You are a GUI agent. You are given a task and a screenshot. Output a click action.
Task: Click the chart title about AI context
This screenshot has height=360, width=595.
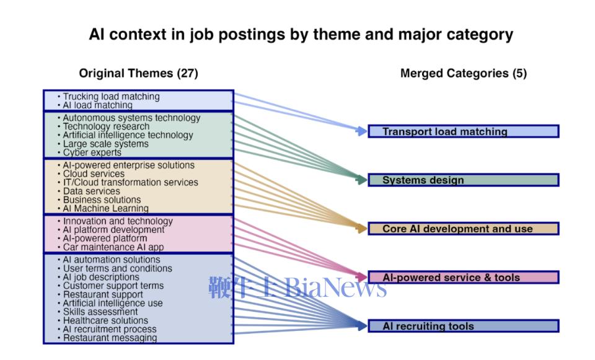click(301, 34)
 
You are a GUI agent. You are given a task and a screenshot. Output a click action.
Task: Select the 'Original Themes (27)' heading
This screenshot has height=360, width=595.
click(138, 73)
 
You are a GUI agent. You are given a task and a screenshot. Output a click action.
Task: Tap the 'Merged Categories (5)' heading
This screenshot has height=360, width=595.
click(463, 73)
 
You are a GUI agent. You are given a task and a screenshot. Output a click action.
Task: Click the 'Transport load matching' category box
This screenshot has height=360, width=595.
click(463, 131)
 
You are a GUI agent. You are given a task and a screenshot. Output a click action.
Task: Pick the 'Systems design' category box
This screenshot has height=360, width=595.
click(463, 180)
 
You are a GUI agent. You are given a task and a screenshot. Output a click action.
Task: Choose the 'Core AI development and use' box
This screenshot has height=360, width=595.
click(463, 229)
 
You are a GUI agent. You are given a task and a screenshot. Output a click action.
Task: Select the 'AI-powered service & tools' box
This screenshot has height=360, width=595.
click(463, 278)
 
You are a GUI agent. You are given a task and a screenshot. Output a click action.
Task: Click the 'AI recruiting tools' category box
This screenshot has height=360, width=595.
click(463, 326)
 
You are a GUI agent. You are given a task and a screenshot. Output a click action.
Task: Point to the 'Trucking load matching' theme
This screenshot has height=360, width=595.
click(111, 97)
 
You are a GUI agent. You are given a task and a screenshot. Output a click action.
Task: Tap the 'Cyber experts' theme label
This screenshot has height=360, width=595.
click(92, 152)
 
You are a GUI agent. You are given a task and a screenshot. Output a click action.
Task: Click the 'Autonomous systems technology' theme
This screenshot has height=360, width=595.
click(131, 118)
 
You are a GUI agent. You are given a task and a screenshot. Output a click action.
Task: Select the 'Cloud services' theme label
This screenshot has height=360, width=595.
click(94, 174)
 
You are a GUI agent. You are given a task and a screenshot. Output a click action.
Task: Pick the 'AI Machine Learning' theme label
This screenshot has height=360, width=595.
click(105, 209)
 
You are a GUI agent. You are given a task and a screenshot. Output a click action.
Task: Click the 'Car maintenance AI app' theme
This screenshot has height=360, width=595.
click(113, 247)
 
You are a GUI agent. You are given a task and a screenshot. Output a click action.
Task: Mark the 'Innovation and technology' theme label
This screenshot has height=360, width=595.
click(118, 221)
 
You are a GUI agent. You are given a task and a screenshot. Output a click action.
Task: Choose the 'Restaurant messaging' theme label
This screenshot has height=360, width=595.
click(110, 338)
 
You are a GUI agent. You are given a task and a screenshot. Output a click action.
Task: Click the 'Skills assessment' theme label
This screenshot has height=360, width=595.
click(100, 312)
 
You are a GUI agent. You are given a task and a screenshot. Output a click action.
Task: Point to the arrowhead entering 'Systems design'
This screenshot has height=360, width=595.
click(362, 180)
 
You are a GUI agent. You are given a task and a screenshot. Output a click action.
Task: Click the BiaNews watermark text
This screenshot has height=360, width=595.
click(298, 288)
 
